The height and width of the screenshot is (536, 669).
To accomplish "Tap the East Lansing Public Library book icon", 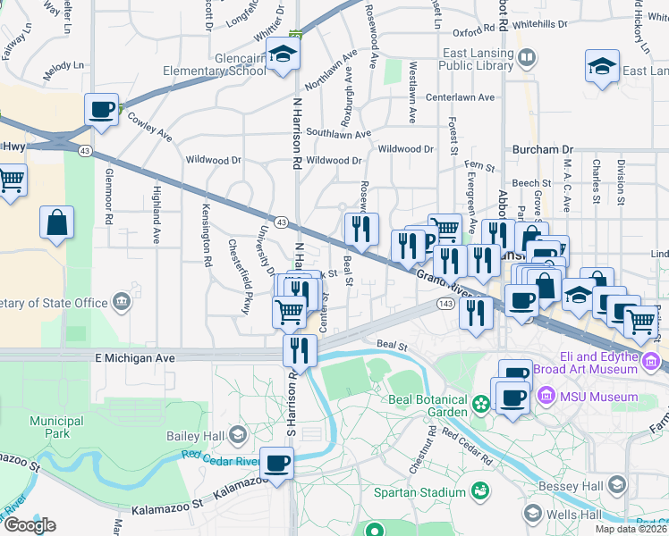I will tap(528, 59).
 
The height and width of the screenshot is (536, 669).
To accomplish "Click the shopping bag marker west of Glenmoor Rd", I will tap(57, 223).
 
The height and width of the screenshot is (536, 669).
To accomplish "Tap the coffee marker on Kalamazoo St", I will tap(277, 464).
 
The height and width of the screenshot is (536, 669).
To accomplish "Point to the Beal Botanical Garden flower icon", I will tap(481, 405).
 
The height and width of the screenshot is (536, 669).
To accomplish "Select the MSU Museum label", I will tap(599, 397).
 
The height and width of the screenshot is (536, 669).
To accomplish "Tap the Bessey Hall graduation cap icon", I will tap(615, 485).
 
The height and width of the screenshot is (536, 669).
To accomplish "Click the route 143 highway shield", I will tap(444, 305).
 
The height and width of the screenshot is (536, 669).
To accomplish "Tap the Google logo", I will tap(30, 525).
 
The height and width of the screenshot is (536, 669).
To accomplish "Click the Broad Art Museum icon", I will tap(650, 360).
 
